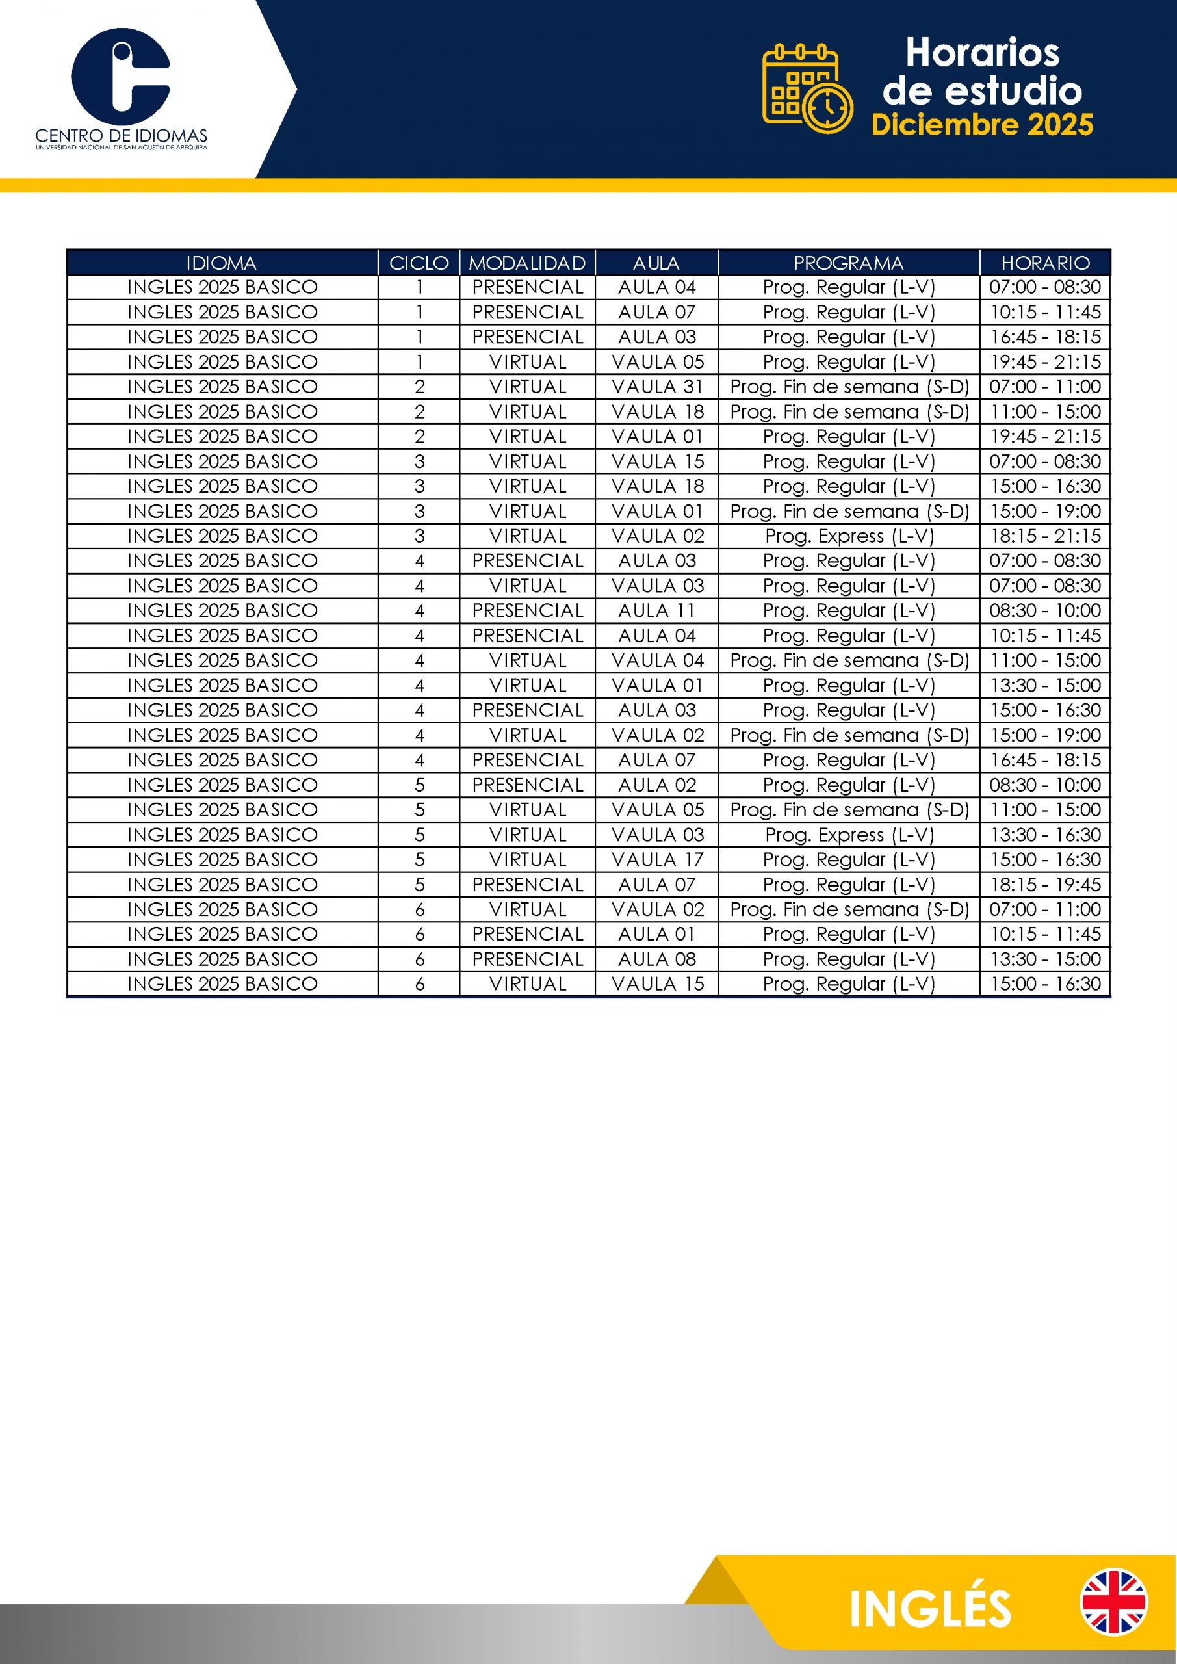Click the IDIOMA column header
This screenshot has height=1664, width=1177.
point(221,263)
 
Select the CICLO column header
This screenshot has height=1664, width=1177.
point(419,263)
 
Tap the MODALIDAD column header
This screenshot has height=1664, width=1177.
point(527,263)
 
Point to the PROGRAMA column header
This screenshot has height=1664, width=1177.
point(848,263)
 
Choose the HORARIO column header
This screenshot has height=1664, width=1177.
point(1045,263)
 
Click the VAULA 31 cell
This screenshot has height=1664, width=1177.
point(656,386)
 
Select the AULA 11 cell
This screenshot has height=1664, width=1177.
point(656,610)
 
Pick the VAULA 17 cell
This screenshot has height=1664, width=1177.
point(656,859)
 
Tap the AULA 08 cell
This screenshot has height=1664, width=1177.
point(656,959)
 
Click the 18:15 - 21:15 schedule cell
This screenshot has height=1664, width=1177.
point(1045,536)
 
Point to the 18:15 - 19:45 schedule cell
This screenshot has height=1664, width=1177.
point(1045,884)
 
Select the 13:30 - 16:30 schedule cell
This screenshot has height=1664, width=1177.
point(1045,834)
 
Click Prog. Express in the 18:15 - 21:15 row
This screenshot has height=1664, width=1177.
point(849,536)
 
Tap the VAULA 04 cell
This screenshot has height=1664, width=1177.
point(656,660)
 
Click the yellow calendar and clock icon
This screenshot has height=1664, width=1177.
point(807,89)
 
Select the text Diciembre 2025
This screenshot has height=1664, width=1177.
point(982,125)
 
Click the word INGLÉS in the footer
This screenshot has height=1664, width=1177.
point(930,1609)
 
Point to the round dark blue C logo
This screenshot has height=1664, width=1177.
point(120,76)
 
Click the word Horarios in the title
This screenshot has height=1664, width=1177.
point(982,53)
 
